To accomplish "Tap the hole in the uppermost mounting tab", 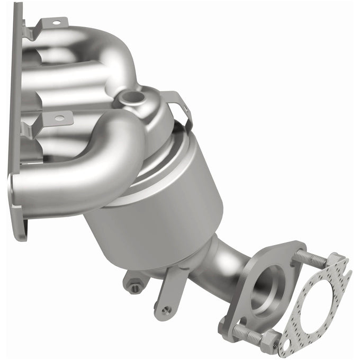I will (x=56, y=23).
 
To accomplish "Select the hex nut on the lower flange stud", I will (x=269, y=342).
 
